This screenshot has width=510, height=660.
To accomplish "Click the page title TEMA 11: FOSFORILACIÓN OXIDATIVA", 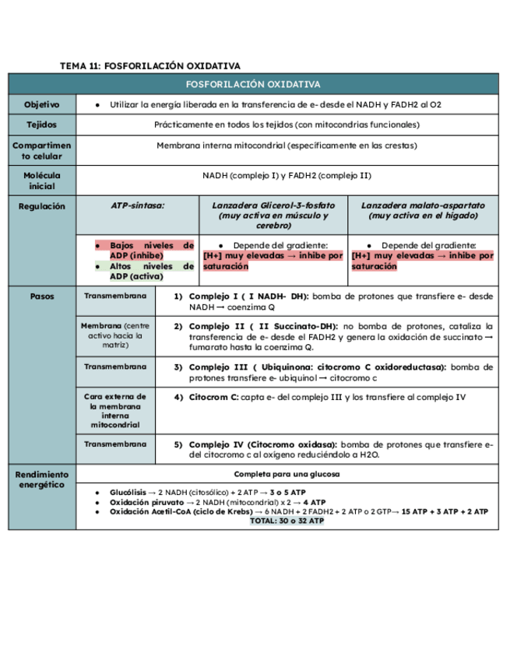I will [x=149, y=66].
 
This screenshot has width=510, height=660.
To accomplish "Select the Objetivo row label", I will [x=41, y=104].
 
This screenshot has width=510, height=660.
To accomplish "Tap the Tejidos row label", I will [x=41, y=125].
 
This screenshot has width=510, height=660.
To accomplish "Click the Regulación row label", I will [x=41, y=206].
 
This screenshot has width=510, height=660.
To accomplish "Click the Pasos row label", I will [x=41, y=297].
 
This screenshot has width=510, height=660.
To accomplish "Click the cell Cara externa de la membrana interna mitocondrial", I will [x=114, y=411].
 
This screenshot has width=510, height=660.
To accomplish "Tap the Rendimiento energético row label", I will [x=41, y=480].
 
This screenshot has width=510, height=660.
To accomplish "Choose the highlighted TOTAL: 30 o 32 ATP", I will [x=287, y=521].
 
